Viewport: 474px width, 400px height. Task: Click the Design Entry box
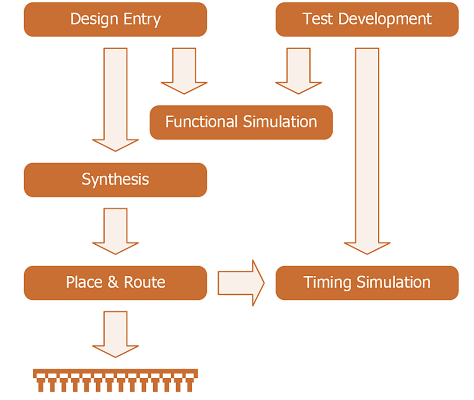coord(115,19)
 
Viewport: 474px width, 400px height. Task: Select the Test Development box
coord(367,19)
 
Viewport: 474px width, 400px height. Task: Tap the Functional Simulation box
coord(241,122)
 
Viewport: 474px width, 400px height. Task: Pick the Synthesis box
coord(115,180)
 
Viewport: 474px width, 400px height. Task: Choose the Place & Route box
coord(115,283)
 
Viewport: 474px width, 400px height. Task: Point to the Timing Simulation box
coord(367,283)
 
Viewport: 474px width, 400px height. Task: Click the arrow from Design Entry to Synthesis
coord(115,99)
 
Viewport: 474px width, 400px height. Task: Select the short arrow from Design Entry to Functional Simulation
coord(184,71)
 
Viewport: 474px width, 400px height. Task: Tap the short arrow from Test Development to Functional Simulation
coord(299,71)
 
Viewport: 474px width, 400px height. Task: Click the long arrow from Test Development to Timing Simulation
coord(367,151)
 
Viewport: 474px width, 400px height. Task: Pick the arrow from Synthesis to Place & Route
coord(115,231)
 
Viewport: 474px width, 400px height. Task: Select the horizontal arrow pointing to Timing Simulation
coord(241,283)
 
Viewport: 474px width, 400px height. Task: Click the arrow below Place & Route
coord(115,334)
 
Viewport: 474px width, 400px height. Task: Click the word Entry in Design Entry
coord(142,20)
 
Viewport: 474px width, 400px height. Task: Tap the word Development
coord(385,19)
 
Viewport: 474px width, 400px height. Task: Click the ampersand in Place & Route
coord(113,282)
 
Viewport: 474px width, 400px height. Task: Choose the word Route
coord(145,282)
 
